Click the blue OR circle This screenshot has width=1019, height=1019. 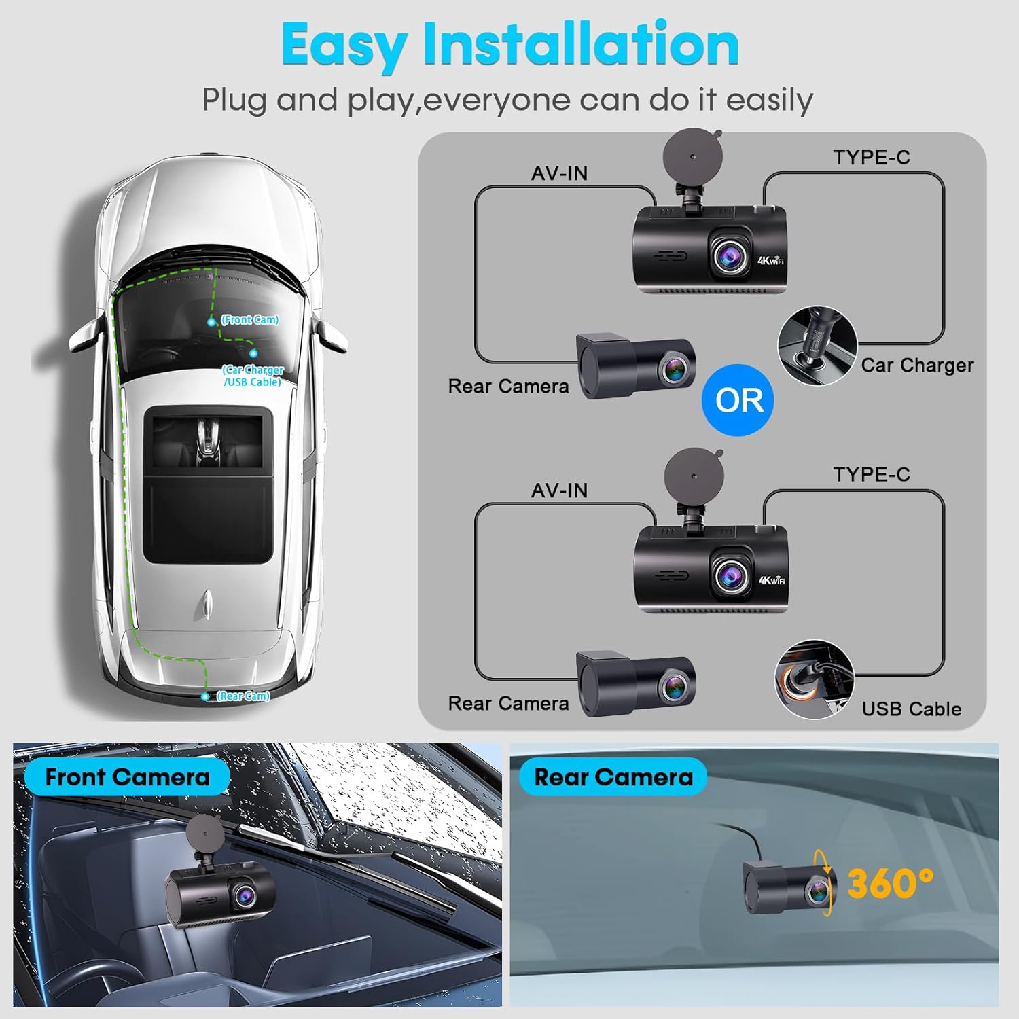point(738,400)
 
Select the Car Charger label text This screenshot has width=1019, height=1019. point(917,365)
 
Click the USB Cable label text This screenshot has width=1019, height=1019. point(912,709)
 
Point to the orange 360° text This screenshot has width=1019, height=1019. point(890,883)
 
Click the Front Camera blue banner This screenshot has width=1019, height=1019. point(127,777)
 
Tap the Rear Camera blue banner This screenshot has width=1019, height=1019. point(613,777)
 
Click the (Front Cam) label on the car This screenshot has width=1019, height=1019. point(250,319)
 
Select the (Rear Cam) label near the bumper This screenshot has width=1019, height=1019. point(243,696)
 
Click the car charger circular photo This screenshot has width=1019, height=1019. point(817,345)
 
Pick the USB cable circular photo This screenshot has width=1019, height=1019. point(814,679)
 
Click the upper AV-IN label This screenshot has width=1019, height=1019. point(559,174)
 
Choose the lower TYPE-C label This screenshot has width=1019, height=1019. point(872,475)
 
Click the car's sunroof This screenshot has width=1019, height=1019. point(209,484)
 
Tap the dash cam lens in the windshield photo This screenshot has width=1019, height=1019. point(243,896)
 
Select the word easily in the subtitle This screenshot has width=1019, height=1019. point(769,101)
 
